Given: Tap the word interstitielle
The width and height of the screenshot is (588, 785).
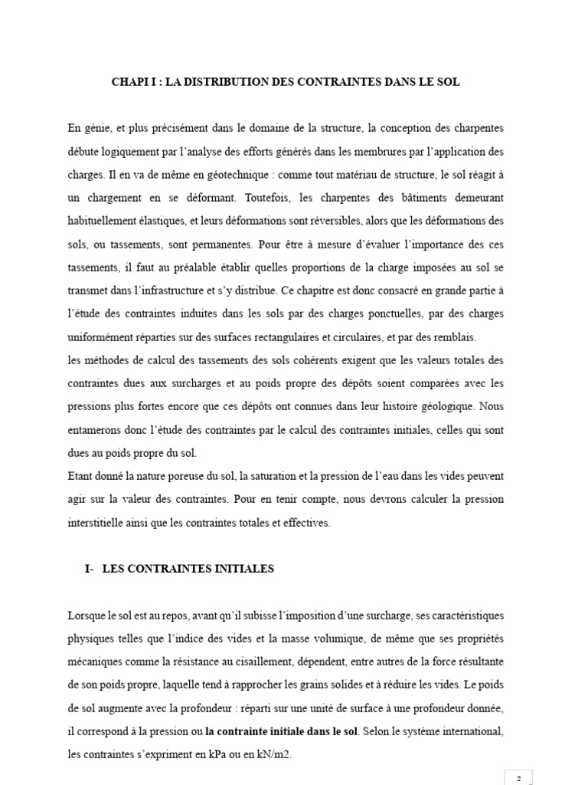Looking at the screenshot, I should pyautogui.click(x=101, y=523).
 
